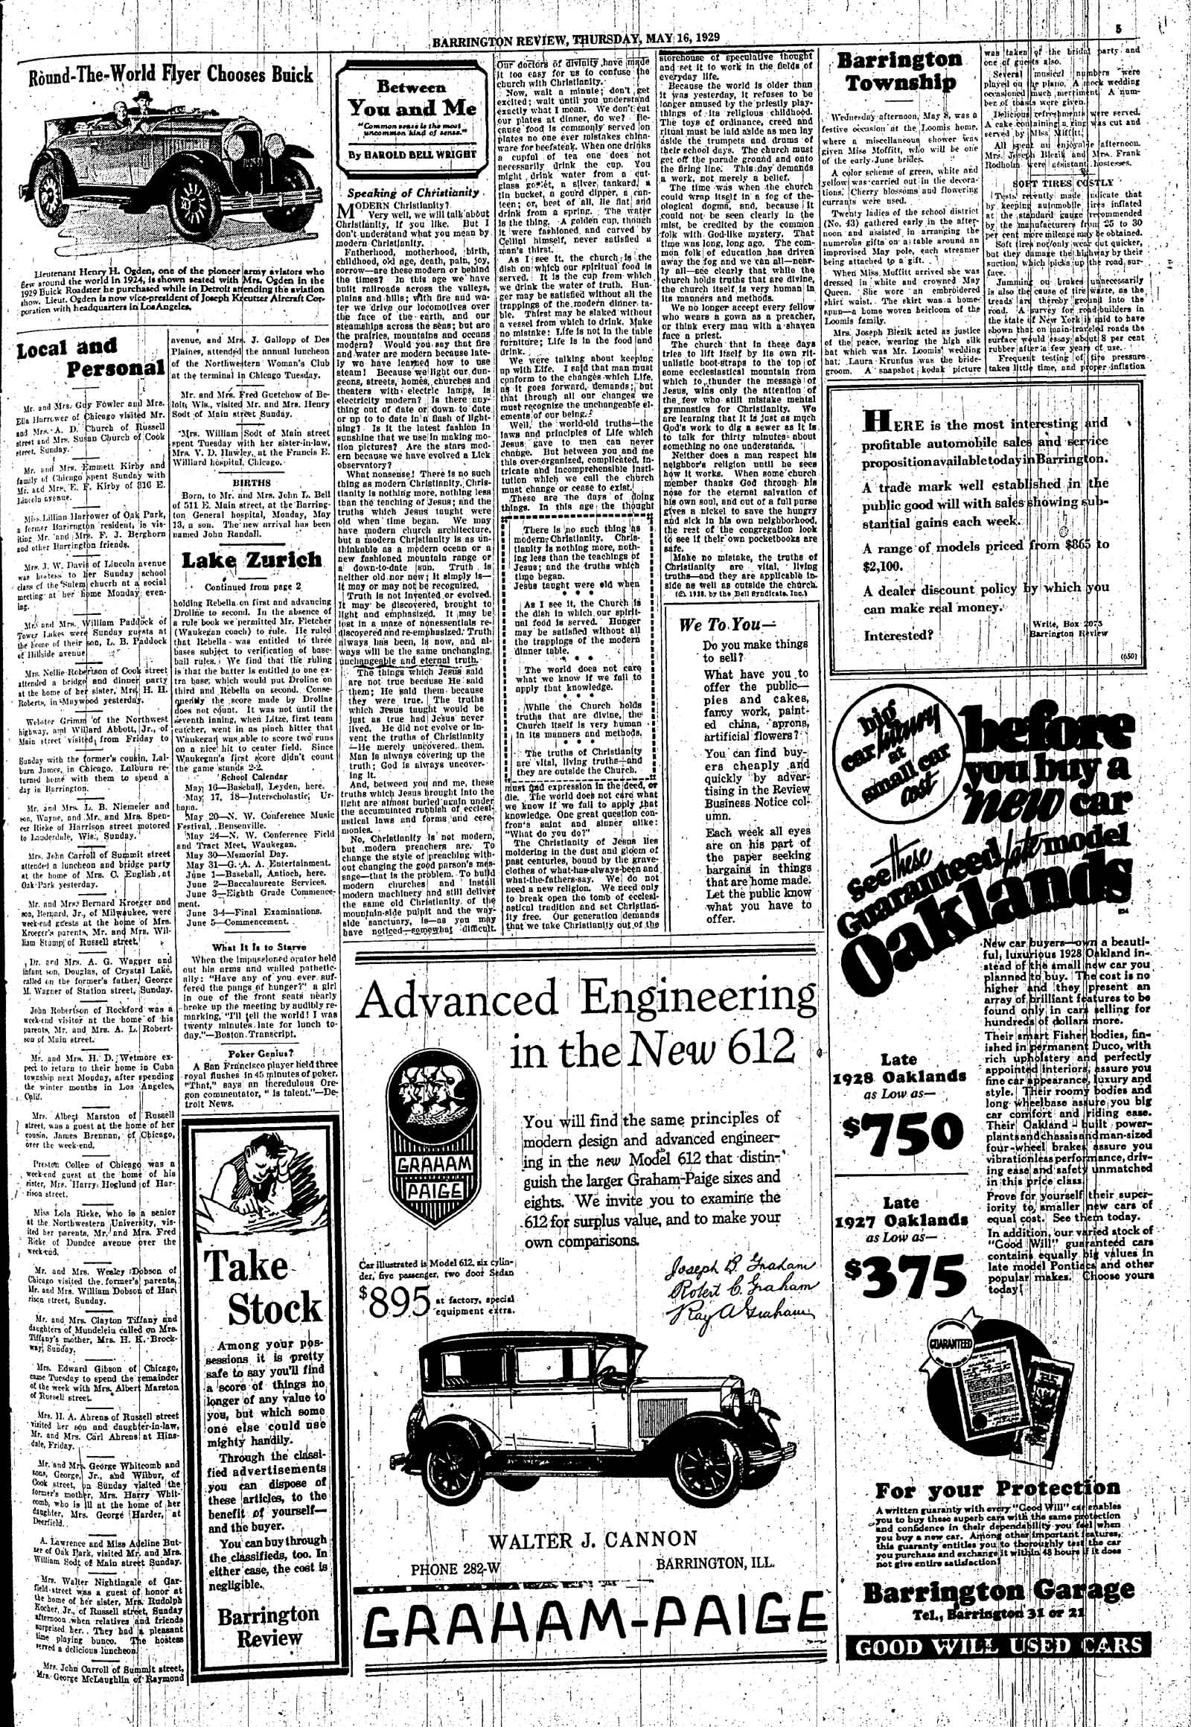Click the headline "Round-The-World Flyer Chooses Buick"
tap(170, 76)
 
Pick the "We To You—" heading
tap(716, 625)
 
